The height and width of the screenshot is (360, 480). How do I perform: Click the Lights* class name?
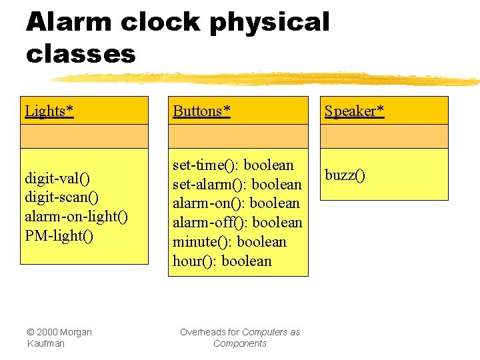49,111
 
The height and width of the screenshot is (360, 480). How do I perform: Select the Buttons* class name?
201,111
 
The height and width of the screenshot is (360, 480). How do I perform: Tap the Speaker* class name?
354,111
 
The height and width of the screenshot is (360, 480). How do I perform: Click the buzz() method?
345,175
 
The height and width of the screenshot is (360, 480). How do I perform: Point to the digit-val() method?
57,178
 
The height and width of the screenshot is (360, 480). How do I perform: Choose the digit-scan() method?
61,197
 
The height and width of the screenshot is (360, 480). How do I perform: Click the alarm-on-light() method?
76,217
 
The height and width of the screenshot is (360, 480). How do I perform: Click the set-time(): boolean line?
233,165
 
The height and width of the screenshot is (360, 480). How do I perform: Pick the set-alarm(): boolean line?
237,184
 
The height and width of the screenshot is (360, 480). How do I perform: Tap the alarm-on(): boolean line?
236,203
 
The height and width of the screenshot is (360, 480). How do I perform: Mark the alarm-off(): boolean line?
237,223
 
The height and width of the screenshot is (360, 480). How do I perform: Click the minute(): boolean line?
229,242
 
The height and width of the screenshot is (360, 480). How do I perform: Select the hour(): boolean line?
222,261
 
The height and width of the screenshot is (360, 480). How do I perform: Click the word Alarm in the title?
69,22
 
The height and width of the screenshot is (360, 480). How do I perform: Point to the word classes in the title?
80,53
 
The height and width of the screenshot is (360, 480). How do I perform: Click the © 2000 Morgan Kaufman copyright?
59,337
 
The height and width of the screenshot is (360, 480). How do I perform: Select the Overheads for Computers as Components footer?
239,337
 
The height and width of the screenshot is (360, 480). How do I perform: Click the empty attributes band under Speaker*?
384,136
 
